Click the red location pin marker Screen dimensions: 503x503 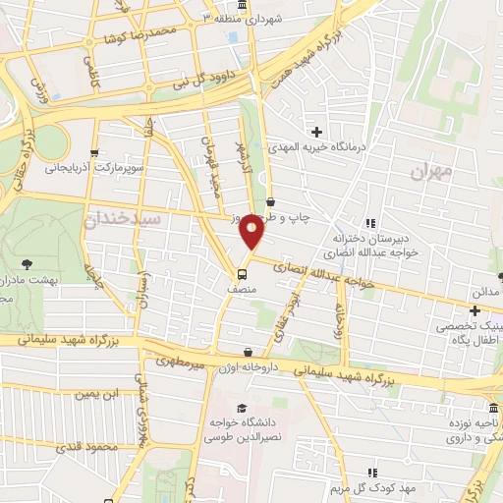pos(251,232)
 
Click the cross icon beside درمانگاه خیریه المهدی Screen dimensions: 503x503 pos(316,131)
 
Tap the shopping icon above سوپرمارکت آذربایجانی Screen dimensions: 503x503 pos(94,152)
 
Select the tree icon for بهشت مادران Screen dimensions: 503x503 pos(27,263)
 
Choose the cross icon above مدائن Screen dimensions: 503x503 pos(475,309)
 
